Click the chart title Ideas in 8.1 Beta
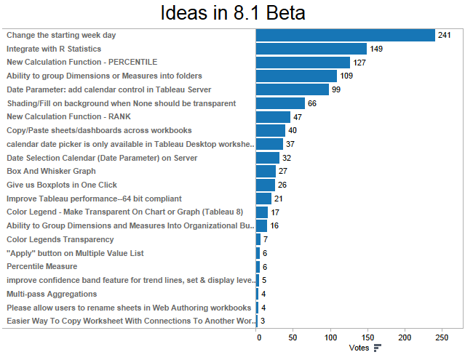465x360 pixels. click(x=232, y=13)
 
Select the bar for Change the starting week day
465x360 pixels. click(x=346, y=35)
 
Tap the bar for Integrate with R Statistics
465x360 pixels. click(x=311, y=49)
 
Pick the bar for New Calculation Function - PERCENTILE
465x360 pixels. click(x=303, y=63)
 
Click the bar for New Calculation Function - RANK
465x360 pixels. click(x=274, y=117)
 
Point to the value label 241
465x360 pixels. click(x=445, y=35)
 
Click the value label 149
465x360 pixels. click(x=376, y=49)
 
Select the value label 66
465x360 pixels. click(x=311, y=104)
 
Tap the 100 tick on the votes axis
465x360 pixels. click(x=331, y=337)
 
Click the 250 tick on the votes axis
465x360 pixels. click(x=442, y=337)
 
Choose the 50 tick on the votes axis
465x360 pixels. click(x=294, y=337)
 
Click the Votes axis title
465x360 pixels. click(x=359, y=348)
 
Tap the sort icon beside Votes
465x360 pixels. click(x=377, y=348)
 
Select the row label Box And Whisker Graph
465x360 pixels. click(x=51, y=171)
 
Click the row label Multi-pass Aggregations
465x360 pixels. click(x=52, y=294)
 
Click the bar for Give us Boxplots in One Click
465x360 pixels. click(x=266, y=185)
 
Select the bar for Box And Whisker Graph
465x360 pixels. click(x=266, y=171)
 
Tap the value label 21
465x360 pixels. click(x=279, y=199)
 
